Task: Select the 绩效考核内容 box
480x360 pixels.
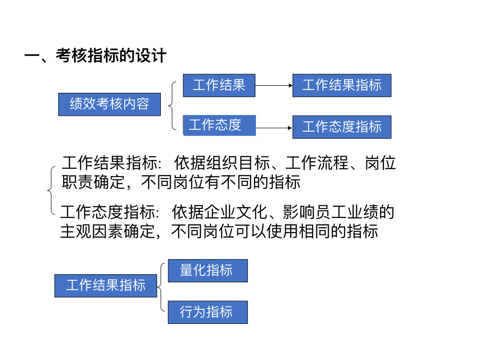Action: click(x=109, y=104)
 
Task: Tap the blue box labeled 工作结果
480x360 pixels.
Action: click(x=219, y=85)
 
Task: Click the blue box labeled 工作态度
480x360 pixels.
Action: click(x=219, y=125)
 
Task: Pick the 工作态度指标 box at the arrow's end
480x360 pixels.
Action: click(x=342, y=127)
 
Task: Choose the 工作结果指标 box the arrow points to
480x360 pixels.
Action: click(x=342, y=85)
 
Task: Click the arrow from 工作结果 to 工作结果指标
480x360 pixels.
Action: click(x=274, y=86)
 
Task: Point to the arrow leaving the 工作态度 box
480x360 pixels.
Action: click(x=274, y=127)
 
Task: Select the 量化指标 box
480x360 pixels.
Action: click(x=207, y=270)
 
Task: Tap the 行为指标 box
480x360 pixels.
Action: click(x=207, y=312)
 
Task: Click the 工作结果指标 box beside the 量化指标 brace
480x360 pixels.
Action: click(x=105, y=285)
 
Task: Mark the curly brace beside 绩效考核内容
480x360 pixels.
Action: click(x=172, y=105)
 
